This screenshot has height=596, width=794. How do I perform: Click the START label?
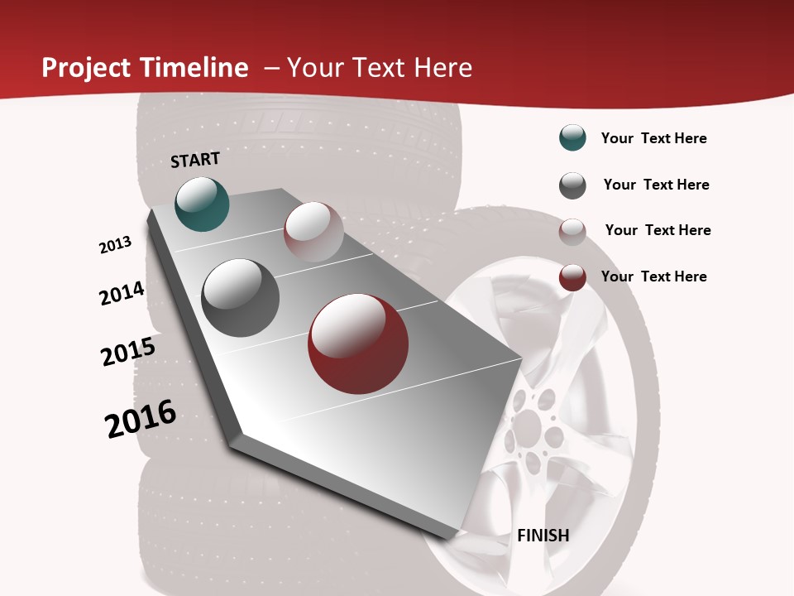coord(195,160)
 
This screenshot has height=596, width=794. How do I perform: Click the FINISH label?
coord(543,536)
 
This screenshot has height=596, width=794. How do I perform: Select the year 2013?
coord(116,245)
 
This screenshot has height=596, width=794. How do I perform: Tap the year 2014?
coord(122,294)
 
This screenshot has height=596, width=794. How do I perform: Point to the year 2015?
coord(128,352)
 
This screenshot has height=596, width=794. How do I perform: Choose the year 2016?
coord(141,419)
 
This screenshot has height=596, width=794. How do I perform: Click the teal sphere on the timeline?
coord(203,204)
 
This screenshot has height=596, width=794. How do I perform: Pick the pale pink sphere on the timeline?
coord(313,232)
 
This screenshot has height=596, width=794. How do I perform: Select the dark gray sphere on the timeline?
coord(240,298)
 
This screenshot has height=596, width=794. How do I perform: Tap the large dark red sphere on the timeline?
coord(358,344)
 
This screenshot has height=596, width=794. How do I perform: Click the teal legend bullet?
coord(572,138)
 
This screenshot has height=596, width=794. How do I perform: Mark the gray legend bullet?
coord(572,185)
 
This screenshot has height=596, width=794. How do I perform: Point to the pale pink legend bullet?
coord(572,232)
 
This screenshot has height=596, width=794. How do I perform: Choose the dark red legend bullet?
coord(572,278)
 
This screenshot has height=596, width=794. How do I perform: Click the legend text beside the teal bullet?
coord(653,138)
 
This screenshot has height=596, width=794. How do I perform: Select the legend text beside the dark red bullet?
coord(653,276)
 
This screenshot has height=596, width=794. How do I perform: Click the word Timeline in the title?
coord(195,68)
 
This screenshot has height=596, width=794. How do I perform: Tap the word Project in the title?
coord(87,68)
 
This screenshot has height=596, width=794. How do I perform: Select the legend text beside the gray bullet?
coord(656,185)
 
